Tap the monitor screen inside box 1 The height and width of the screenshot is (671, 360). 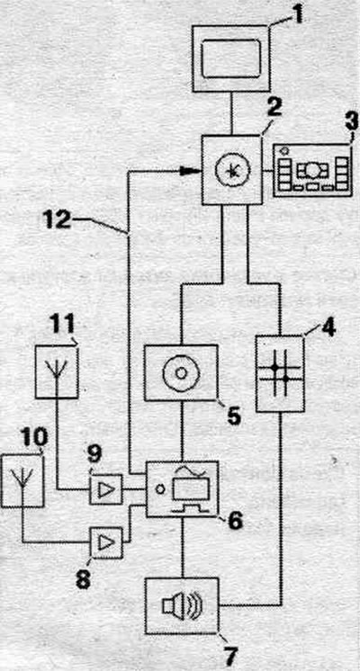click(231, 58)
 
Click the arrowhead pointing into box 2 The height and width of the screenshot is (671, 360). click(190, 171)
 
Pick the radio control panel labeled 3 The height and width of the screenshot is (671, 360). click(312, 171)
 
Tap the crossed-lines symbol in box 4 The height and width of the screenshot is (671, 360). click(280, 373)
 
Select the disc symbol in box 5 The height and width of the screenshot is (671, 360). click(181, 372)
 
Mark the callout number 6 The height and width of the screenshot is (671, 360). click(235, 520)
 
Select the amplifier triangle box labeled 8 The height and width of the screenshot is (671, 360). click(105, 543)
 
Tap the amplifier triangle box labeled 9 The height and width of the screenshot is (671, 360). click(105, 489)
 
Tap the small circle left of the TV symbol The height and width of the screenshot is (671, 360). click(160, 488)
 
